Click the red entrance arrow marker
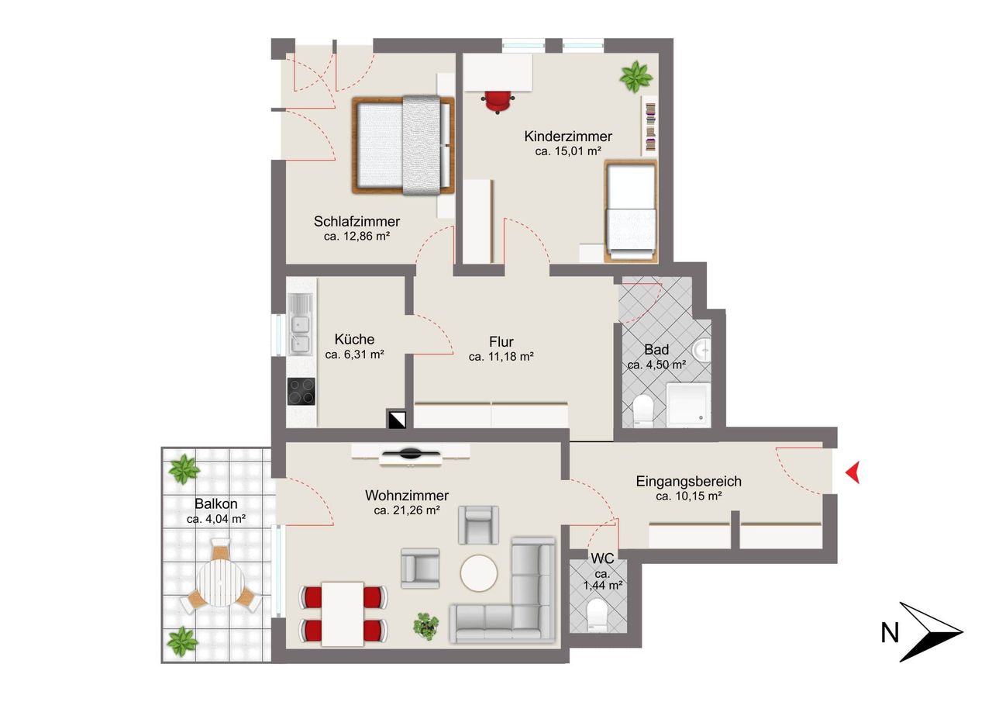[x=854, y=472]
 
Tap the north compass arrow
[x=930, y=631]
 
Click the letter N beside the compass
[x=890, y=633]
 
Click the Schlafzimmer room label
[x=356, y=221]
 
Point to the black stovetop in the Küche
[x=301, y=391]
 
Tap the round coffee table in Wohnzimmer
[x=479, y=573]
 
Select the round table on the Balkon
[x=221, y=583]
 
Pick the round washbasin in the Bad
[x=702, y=350]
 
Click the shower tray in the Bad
[x=689, y=406]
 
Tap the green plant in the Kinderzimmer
[x=636, y=77]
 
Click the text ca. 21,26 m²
[x=407, y=510]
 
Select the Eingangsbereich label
[x=689, y=481]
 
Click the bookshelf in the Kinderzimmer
[x=649, y=126]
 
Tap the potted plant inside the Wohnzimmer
[x=426, y=626]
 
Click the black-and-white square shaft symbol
[x=397, y=419]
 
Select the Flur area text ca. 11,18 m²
[x=501, y=357]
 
